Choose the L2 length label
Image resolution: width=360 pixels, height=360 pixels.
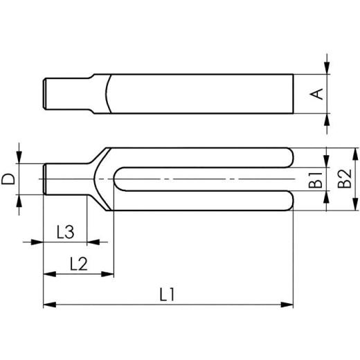click(78, 263)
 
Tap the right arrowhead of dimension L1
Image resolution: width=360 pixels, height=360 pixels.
click(289, 303)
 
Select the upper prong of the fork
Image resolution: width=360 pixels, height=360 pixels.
click(208, 158)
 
